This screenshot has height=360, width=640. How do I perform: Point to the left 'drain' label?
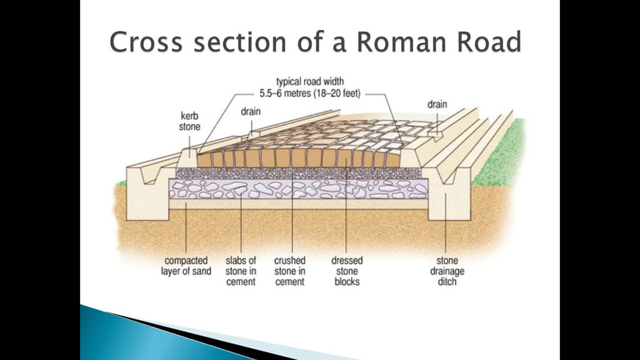(x=251, y=112)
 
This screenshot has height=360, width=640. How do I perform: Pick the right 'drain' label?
(x=437, y=104)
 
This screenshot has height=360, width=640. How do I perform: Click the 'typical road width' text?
(x=310, y=82)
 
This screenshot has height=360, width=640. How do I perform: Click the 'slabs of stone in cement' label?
(x=241, y=271)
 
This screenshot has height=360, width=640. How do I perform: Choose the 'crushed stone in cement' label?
(x=290, y=271)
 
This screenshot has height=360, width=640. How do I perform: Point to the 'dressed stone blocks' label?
(x=347, y=271)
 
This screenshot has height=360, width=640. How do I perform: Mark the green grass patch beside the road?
(x=500, y=156)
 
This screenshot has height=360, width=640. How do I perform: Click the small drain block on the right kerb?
(x=434, y=134)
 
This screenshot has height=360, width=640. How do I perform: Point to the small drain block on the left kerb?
(x=254, y=134)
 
